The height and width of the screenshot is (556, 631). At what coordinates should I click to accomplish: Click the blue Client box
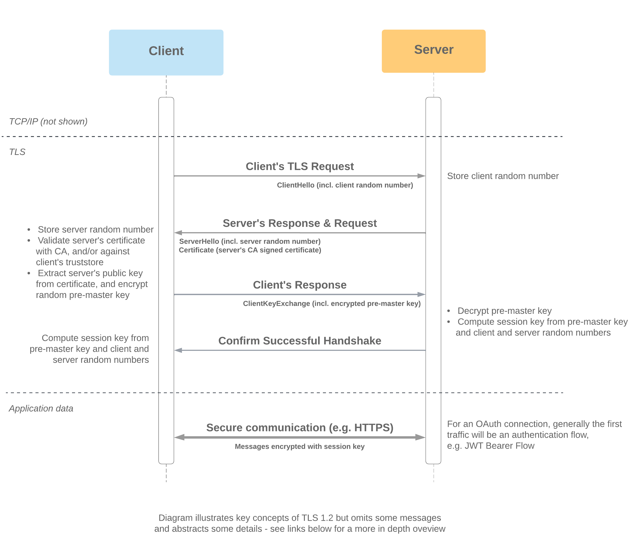point(166,52)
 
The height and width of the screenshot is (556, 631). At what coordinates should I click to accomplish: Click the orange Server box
point(433,51)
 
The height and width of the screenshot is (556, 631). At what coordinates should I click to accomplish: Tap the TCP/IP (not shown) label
point(48,122)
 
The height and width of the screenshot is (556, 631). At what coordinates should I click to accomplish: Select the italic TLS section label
point(17,152)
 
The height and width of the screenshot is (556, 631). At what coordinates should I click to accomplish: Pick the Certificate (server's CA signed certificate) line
point(250,250)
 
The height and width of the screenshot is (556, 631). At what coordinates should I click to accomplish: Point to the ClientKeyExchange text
point(332,304)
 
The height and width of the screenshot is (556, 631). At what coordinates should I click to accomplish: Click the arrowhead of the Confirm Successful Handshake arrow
point(178,350)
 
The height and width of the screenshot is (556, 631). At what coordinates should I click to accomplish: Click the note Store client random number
point(503,176)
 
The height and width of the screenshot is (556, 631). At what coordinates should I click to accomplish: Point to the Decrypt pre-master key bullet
point(504,311)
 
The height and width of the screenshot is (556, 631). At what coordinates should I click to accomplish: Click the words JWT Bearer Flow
point(499,446)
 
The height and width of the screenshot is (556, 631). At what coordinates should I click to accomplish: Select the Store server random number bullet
point(95,229)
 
